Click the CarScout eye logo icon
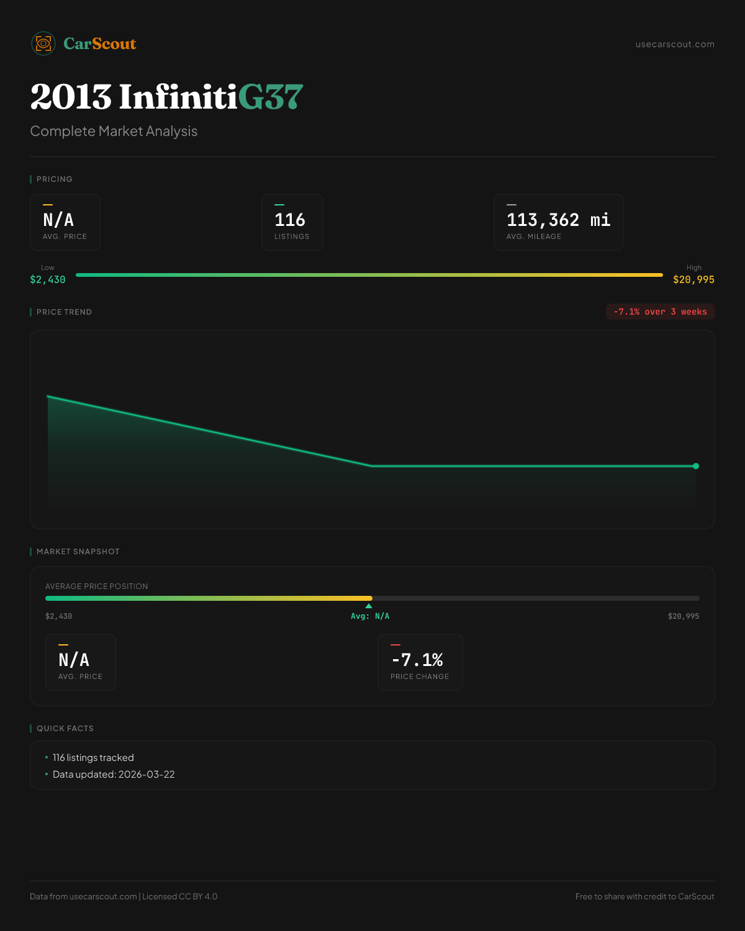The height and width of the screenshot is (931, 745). tap(43, 43)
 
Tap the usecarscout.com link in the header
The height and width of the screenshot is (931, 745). tap(675, 44)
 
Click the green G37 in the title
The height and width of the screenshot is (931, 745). tap(271, 97)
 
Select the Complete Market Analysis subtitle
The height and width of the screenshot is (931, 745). tap(114, 131)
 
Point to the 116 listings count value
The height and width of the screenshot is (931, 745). tap(290, 220)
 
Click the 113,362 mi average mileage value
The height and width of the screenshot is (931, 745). tap(558, 220)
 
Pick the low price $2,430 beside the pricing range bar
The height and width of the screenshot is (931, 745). tap(48, 280)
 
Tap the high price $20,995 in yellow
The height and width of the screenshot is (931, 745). tap(693, 280)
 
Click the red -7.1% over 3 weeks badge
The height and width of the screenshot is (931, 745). tap(660, 312)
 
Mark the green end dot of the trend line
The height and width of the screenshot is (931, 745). tap(696, 466)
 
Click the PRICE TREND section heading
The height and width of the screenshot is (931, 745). tap(64, 312)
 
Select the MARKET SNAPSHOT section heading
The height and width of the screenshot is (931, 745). tap(78, 552)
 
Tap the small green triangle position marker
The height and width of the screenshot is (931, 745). tap(369, 606)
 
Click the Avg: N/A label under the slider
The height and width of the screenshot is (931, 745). tap(370, 616)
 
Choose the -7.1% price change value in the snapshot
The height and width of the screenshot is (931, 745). tap(417, 660)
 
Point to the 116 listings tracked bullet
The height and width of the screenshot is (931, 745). tap(93, 758)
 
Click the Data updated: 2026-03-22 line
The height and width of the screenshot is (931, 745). tap(114, 775)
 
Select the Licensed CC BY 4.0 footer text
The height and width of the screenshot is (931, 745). tap(180, 896)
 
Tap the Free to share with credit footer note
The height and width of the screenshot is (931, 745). tap(644, 896)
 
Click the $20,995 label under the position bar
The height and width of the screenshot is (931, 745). tap(683, 616)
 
